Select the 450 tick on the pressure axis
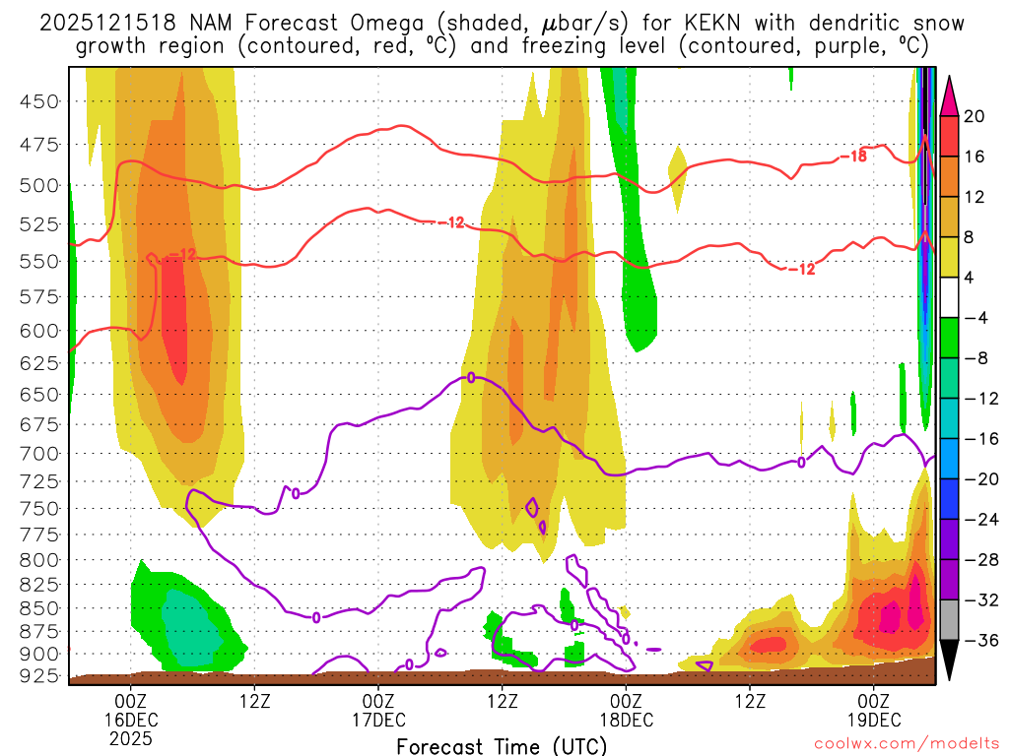pos(40,100)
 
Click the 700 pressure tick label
pos(40,454)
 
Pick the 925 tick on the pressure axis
pos(40,677)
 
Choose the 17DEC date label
pos(378,719)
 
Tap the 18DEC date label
pos(626,719)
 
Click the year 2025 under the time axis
pos(132,737)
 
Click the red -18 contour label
pos(852,156)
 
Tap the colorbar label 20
pos(974,116)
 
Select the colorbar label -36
pos(979,641)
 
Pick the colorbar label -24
pos(979,520)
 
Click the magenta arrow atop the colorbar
pos(950,94)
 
